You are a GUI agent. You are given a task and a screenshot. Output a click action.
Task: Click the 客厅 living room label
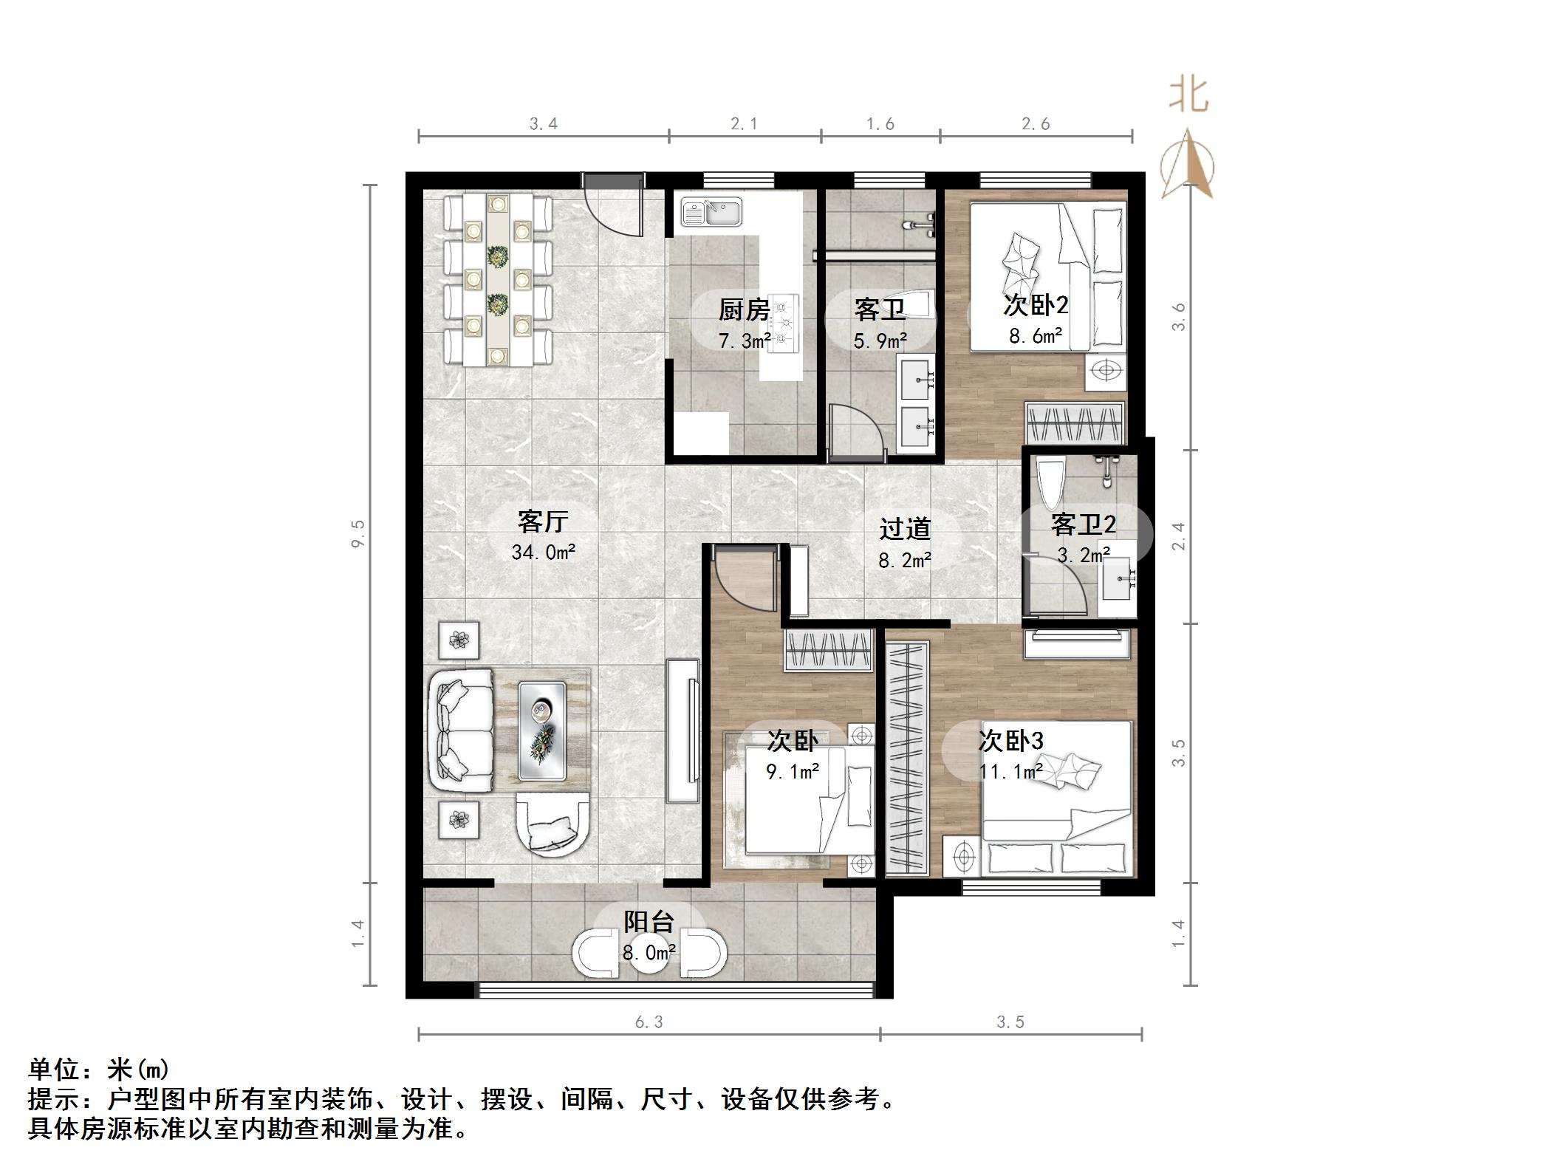(x=543, y=522)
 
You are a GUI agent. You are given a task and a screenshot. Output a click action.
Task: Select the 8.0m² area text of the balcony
(x=649, y=953)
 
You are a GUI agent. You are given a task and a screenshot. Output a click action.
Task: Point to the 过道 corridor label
(x=905, y=529)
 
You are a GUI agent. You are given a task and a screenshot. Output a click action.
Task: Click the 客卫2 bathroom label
(x=1083, y=524)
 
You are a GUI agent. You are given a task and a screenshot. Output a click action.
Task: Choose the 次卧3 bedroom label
(x=1010, y=740)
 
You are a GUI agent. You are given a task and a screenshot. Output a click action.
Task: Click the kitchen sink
(x=712, y=213)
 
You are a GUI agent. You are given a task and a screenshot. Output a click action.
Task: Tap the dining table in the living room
(x=498, y=281)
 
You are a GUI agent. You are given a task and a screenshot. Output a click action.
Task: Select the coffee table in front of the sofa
(x=542, y=731)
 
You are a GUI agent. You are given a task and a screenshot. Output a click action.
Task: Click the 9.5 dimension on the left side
(x=358, y=533)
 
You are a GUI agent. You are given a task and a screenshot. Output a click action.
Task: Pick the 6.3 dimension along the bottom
(x=649, y=1022)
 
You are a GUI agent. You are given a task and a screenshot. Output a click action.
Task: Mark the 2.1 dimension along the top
(x=744, y=124)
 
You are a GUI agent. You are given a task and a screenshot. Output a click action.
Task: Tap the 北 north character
(x=1188, y=95)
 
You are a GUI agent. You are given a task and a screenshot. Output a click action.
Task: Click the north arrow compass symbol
(x=1187, y=166)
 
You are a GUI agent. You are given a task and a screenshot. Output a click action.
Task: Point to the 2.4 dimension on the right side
(x=1178, y=536)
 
